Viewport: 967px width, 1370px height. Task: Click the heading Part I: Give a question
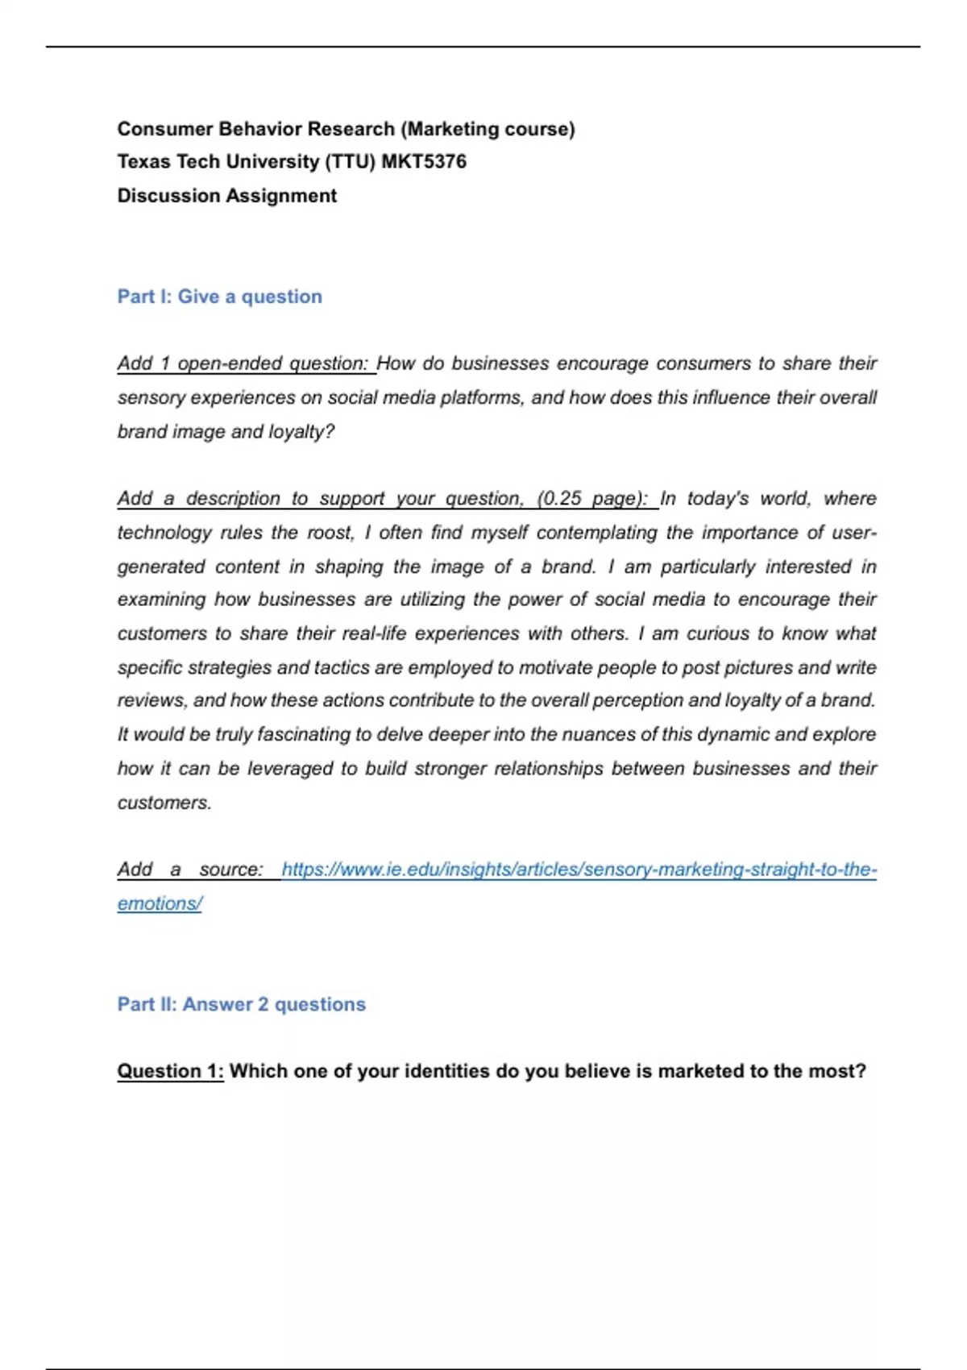[219, 297]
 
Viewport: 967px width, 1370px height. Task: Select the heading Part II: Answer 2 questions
[241, 1004]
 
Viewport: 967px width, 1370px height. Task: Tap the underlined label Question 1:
[170, 1071]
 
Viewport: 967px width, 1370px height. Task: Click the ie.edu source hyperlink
[579, 870]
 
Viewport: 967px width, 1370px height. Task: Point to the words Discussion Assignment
[226, 196]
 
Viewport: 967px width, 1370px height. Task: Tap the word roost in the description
[330, 533]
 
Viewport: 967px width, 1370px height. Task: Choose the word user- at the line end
[853, 533]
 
